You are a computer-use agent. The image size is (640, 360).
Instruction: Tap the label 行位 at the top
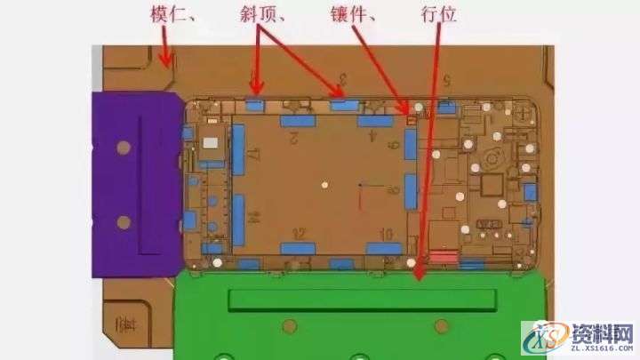(437, 15)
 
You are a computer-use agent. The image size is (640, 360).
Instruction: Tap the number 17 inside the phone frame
(253, 156)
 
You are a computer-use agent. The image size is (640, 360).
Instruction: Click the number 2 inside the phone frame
(293, 138)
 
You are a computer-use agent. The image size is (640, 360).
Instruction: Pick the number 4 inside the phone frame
(373, 138)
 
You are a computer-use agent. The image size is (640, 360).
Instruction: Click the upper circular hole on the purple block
(124, 146)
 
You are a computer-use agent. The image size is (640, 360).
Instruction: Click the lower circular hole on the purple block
(124, 221)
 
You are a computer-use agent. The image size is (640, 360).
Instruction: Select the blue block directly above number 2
(299, 120)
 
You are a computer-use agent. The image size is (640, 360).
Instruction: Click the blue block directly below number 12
(299, 248)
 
